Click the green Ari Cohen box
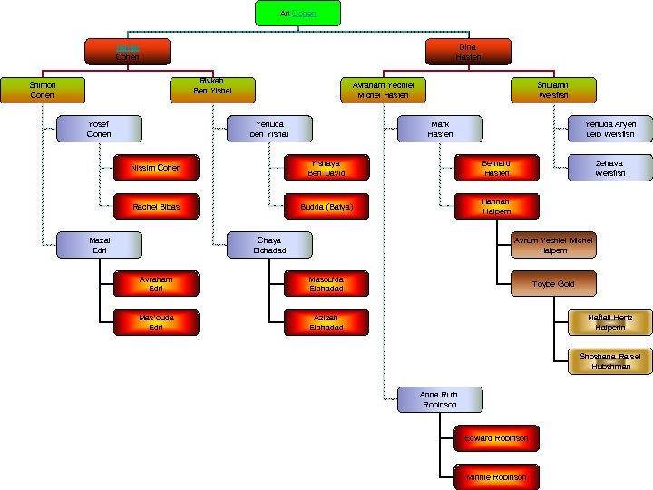pyautogui.click(x=297, y=14)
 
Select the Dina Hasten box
pyautogui.click(x=468, y=52)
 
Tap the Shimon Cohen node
pyautogui.click(x=43, y=90)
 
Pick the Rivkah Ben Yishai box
pyautogui.click(x=212, y=87)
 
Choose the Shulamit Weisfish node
pyautogui.click(x=552, y=90)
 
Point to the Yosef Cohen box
pyautogui.click(x=99, y=129)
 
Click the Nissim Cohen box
pyautogui.click(x=156, y=168)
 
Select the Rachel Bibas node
pyautogui.click(x=156, y=207)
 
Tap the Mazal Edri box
pyautogui.click(x=99, y=245)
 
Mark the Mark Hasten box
pyautogui.click(x=440, y=129)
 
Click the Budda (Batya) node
pyautogui.click(x=326, y=207)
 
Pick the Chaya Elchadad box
pyautogui.click(x=269, y=245)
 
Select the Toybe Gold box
pyautogui.click(x=553, y=284)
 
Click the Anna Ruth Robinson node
pyautogui.click(x=439, y=399)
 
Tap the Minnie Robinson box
pyautogui.click(x=496, y=476)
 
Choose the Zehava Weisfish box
pyautogui.click(x=609, y=168)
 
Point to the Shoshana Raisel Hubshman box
pyautogui.click(x=609, y=361)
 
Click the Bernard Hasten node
pyautogui.click(x=496, y=168)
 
